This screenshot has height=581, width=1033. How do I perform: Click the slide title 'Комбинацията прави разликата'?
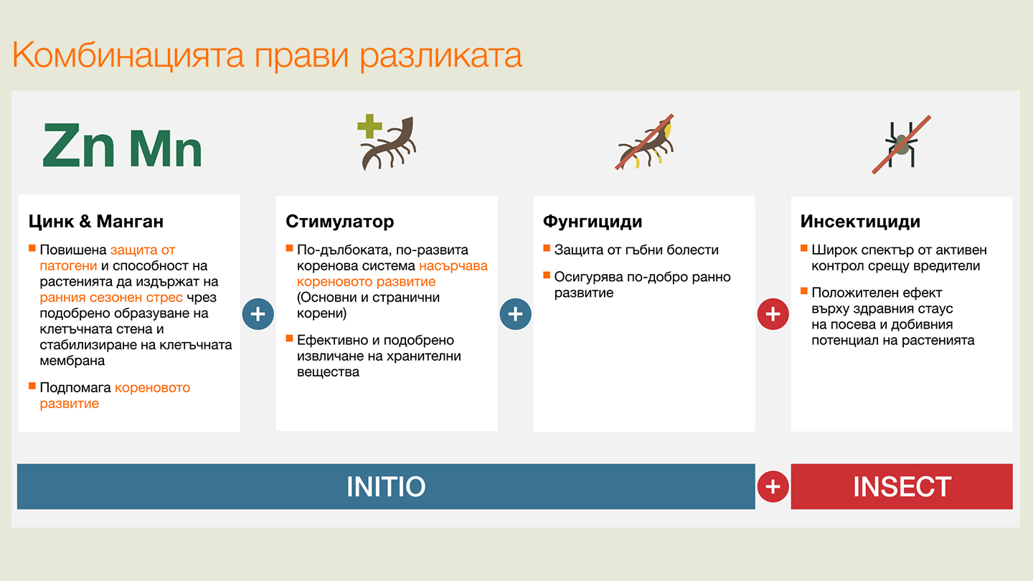click(x=267, y=56)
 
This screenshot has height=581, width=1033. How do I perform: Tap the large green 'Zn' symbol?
click(x=79, y=146)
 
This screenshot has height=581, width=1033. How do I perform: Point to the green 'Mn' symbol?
click(x=166, y=149)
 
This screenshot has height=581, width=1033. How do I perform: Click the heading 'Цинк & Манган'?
click(x=96, y=221)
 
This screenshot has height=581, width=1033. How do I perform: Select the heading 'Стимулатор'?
click(x=339, y=221)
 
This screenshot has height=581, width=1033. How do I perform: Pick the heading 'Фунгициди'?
click(x=593, y=221)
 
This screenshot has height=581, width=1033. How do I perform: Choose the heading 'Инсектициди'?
click(x=860, y=221)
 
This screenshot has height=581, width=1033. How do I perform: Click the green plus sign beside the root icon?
click(x=370, y=127)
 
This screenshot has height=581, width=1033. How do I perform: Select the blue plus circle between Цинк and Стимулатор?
click(x=258, y=314)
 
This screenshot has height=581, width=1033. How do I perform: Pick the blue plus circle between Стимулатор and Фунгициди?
click(x=516, y=314)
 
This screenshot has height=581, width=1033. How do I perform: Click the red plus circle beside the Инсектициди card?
click(x=773, y=314)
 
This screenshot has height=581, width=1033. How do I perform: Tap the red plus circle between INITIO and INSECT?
click(x=773, y=486)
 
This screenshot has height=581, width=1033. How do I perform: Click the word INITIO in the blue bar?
click(x=386, y=486)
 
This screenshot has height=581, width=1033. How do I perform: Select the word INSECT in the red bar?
click(x=902, y=486)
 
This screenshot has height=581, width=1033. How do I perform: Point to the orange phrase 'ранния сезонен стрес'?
click(x=111, y=298)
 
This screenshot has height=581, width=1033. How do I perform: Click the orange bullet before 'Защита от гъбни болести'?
click(x=547, y=248)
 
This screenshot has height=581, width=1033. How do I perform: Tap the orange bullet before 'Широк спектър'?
click(x=804, y=248)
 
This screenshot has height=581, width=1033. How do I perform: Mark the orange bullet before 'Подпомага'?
click(x=32, y=386)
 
